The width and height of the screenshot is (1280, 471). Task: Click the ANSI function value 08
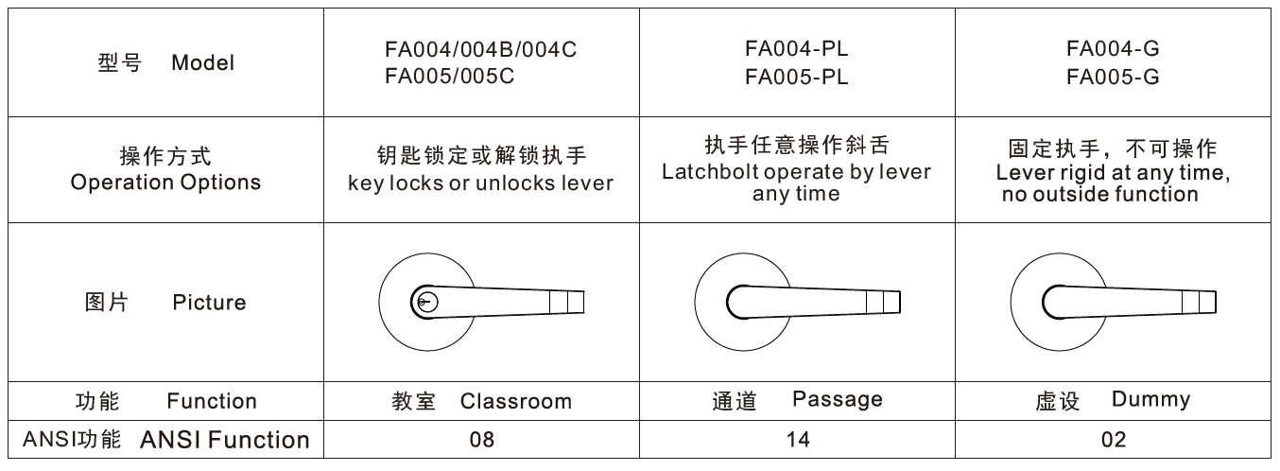pyautogui.click(x=482, y=440)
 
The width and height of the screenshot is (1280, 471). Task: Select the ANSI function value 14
pyautogui.click(x=798, y=440)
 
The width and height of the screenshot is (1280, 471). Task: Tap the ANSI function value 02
pyautogui.click(x=1113, y=440)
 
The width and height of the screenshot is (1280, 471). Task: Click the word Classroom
pyautogui.click(x=515, y=401)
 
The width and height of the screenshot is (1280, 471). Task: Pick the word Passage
pyautogui.click(x=838, y=399)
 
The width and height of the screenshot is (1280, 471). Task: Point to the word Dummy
pyautogui.click(x=1150, y=399)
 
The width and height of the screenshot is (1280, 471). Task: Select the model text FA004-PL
pyautogui.click(x=797, y=48)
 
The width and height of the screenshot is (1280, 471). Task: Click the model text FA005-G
pyautogui.click(x=1113, y=77)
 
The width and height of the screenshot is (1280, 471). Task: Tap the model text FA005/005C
pyautogui.click(x=450, y=76)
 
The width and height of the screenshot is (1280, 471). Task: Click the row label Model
pyautogui.click(x=203, y=62)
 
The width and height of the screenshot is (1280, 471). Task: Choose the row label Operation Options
pyautogui.click(x=165, y=183)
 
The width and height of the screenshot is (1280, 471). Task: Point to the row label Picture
pyautogui.click(x=209, y=303)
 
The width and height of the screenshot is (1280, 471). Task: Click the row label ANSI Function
pyautogui.click(x=225, y=440)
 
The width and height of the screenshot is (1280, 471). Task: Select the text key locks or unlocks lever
pyautogui.click(x=480, y=183)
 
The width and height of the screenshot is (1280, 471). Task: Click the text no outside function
pyautogui.click(x=1100, y=194)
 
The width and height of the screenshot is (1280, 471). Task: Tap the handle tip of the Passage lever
pyautogui.click(x=899, y=303)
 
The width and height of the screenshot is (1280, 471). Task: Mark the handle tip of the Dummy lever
pyautogui.click(x=1215, y=303)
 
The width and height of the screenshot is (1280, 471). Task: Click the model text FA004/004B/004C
pyautogui.click(x=480, y=50)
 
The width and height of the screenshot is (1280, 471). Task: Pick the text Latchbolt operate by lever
pyautogui.click(x=797, y=172)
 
